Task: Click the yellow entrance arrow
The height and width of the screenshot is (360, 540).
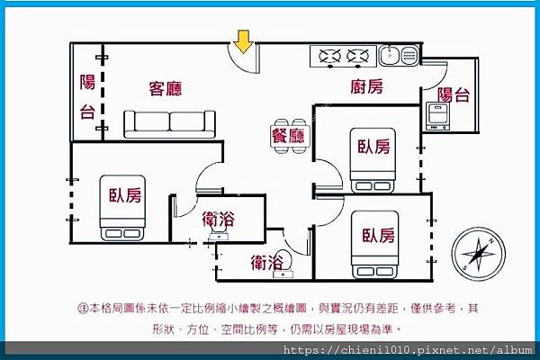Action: [x=242, y=40]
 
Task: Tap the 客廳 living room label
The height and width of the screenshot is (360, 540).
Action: [x=166, y=88]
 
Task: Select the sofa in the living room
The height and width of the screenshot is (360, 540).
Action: [x=170, y=123]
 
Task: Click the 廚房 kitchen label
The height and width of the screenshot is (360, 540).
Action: [x=366, y=87]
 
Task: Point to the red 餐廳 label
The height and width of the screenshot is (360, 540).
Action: [x=288, y=136]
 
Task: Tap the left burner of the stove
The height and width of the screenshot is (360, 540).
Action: [x=328, y=58]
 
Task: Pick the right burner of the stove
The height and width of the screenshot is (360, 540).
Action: [x=357, y=58]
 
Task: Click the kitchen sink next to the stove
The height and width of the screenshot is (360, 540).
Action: [x=396, y=56]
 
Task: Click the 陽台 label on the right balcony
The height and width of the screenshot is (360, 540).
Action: [x=453, y=94]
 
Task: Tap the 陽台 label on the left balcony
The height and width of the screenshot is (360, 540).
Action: [x=87, y=97]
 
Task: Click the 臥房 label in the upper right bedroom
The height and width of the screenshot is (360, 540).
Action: [x=373, y=146]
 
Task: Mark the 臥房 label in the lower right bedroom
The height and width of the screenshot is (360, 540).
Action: [x=379, y=236]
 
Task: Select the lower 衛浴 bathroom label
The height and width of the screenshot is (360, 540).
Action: [x=269, y=263]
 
